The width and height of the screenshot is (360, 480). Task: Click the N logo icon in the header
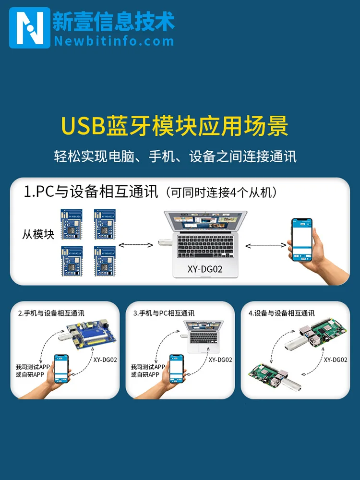click(29, 27)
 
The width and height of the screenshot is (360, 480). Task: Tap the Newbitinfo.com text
click(114, 41)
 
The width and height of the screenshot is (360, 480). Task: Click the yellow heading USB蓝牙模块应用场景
click(175, 126)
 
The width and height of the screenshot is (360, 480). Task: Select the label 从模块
click(38, 234)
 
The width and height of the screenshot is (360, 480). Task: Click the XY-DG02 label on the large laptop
click(205, 269)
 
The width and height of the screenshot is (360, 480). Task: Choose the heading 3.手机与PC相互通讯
click(164, 313)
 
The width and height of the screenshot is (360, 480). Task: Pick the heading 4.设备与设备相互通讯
click(282, 313)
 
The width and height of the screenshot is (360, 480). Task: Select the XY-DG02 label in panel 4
click(335, 360)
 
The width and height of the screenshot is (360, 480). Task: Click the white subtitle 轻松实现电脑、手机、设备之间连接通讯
click(175, 156)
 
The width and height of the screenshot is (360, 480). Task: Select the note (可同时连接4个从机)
click(221, 193)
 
